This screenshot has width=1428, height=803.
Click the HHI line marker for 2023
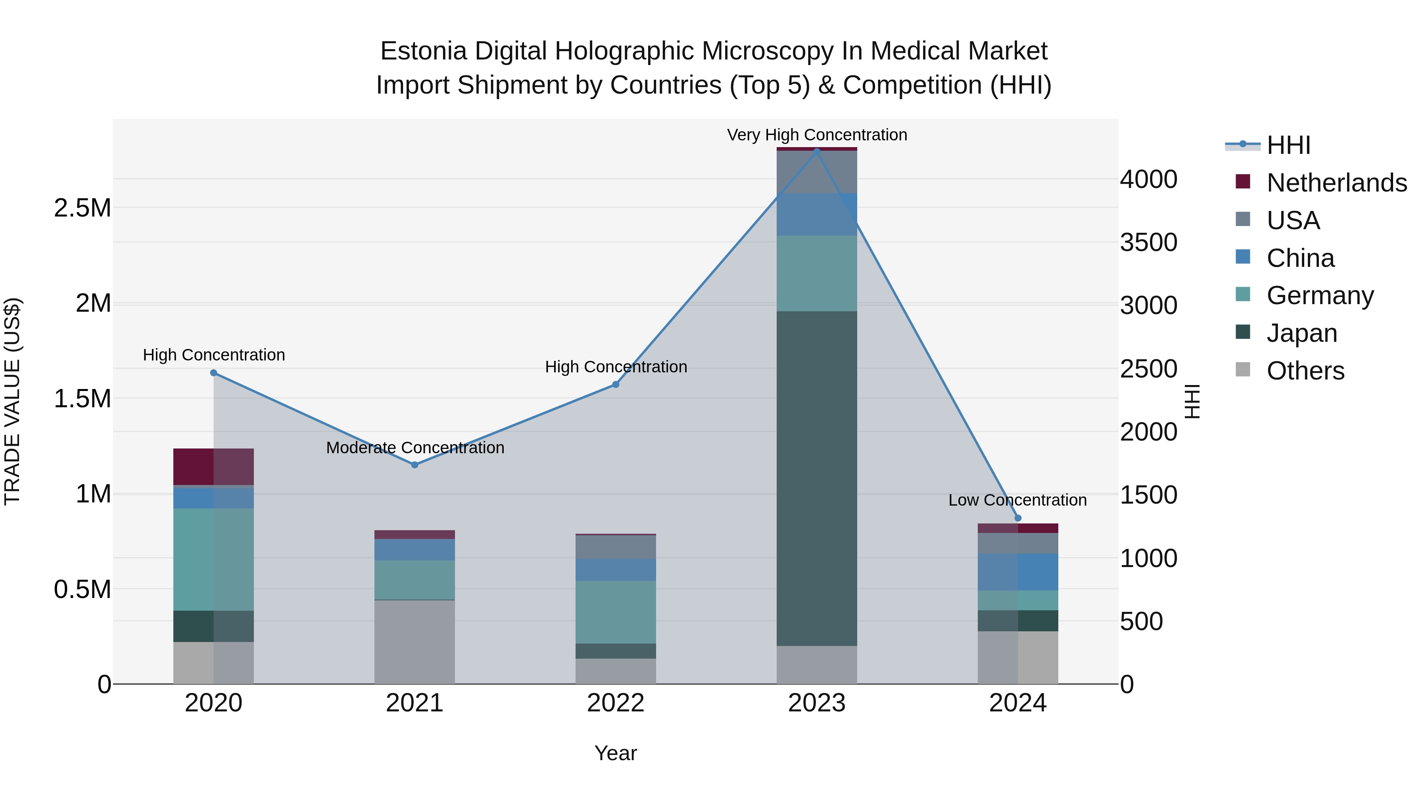pyautogui.click(x=817, y=151)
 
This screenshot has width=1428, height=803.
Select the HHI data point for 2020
pyautogui.click(x=214, y=373)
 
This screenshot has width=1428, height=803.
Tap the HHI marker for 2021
pyautogui.click(x=415, y=465)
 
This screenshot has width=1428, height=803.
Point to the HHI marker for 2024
pyautogui.click(x=1018, y=518)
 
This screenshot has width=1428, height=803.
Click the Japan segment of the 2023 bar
pyautogui.click(x=817, y=478)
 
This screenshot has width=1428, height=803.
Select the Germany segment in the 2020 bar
pyautogui.click(x=214, y=559)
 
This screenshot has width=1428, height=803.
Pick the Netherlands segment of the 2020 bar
pyautogui.click(x=214, y=467)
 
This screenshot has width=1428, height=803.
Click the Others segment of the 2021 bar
pyautogui.click(x=415, y=642)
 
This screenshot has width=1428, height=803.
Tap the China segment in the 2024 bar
pyautogui.click(x=1018, y=571)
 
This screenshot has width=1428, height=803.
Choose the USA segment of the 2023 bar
pyautogui.click(x=817, y=172)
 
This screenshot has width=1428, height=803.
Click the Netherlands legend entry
pyautogui.click(x=1336, y=183)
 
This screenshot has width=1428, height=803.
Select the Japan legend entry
pyautogui.click(x=1301, y=333)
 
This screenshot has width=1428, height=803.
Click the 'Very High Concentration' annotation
pyautogui.click(x=817, y=135)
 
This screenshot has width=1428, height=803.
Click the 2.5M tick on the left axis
pyautogui.click(x=83, y=208)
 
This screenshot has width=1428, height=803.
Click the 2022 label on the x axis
pyautogui.click(x=615, y=703)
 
